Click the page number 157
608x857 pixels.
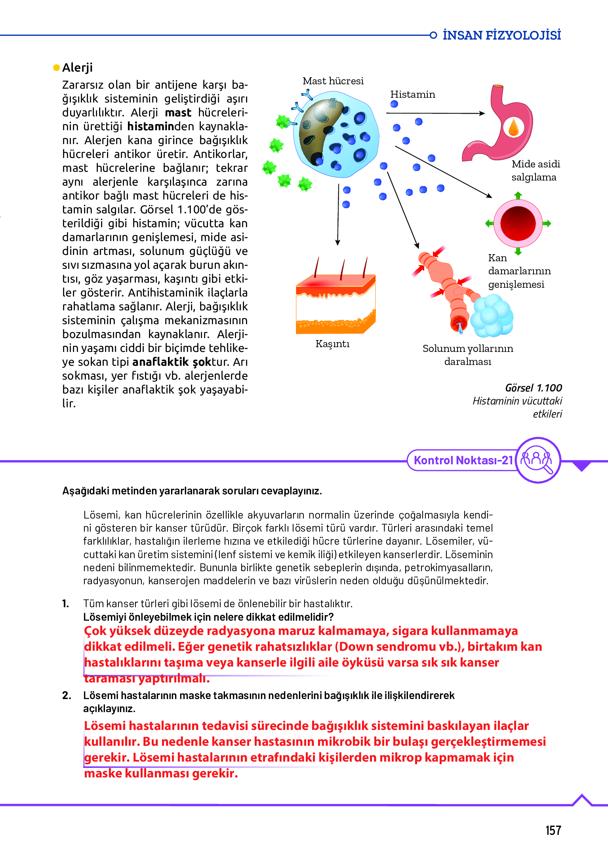(553, 830)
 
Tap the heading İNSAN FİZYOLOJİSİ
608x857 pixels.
(501, 35)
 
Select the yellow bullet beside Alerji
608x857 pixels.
(56, 68)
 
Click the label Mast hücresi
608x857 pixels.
(333, 81)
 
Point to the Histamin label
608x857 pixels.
(412, 95)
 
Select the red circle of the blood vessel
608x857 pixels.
(518, 224)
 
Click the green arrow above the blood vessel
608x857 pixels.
(518, 195)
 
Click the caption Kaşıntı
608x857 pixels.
(332, 344)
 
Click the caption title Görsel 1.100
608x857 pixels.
(533, 388)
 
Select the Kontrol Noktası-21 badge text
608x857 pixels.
(463, 460)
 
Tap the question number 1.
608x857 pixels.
(65, 604)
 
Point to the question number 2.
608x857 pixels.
(67, 695)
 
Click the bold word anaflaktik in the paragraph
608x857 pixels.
(160, 362)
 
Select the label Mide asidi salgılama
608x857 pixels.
(535, 171)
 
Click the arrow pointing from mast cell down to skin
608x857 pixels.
(338, 214)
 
